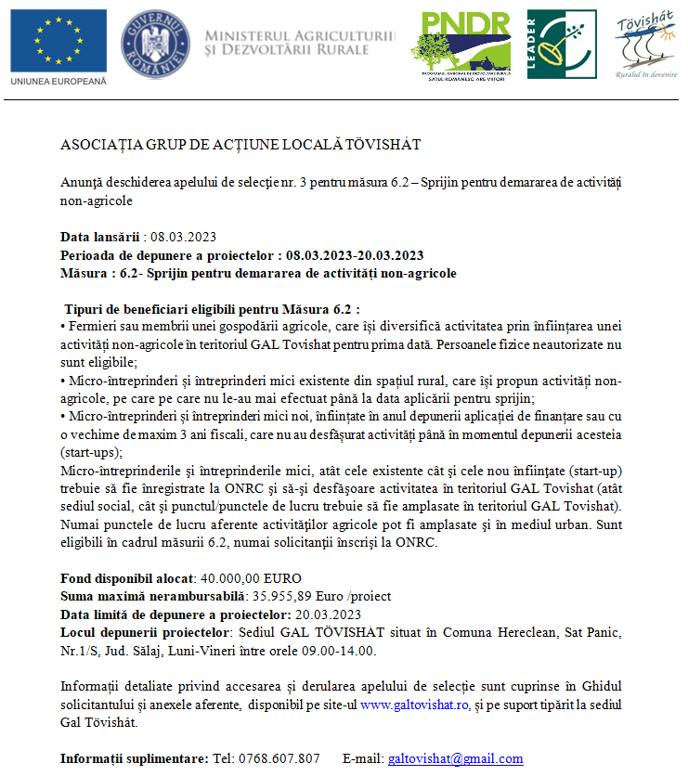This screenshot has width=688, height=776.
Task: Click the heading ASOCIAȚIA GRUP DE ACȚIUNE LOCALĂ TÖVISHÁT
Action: click(x=240, y=145)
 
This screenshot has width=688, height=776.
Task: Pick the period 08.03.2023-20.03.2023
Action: click(x=355, y=255)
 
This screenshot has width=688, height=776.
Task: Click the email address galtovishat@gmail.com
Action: click(x=455, y=758)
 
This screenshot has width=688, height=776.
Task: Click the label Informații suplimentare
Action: click(x=134, y=758)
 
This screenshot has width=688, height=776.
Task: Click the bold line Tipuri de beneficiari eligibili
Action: click(x=212, y=309)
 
